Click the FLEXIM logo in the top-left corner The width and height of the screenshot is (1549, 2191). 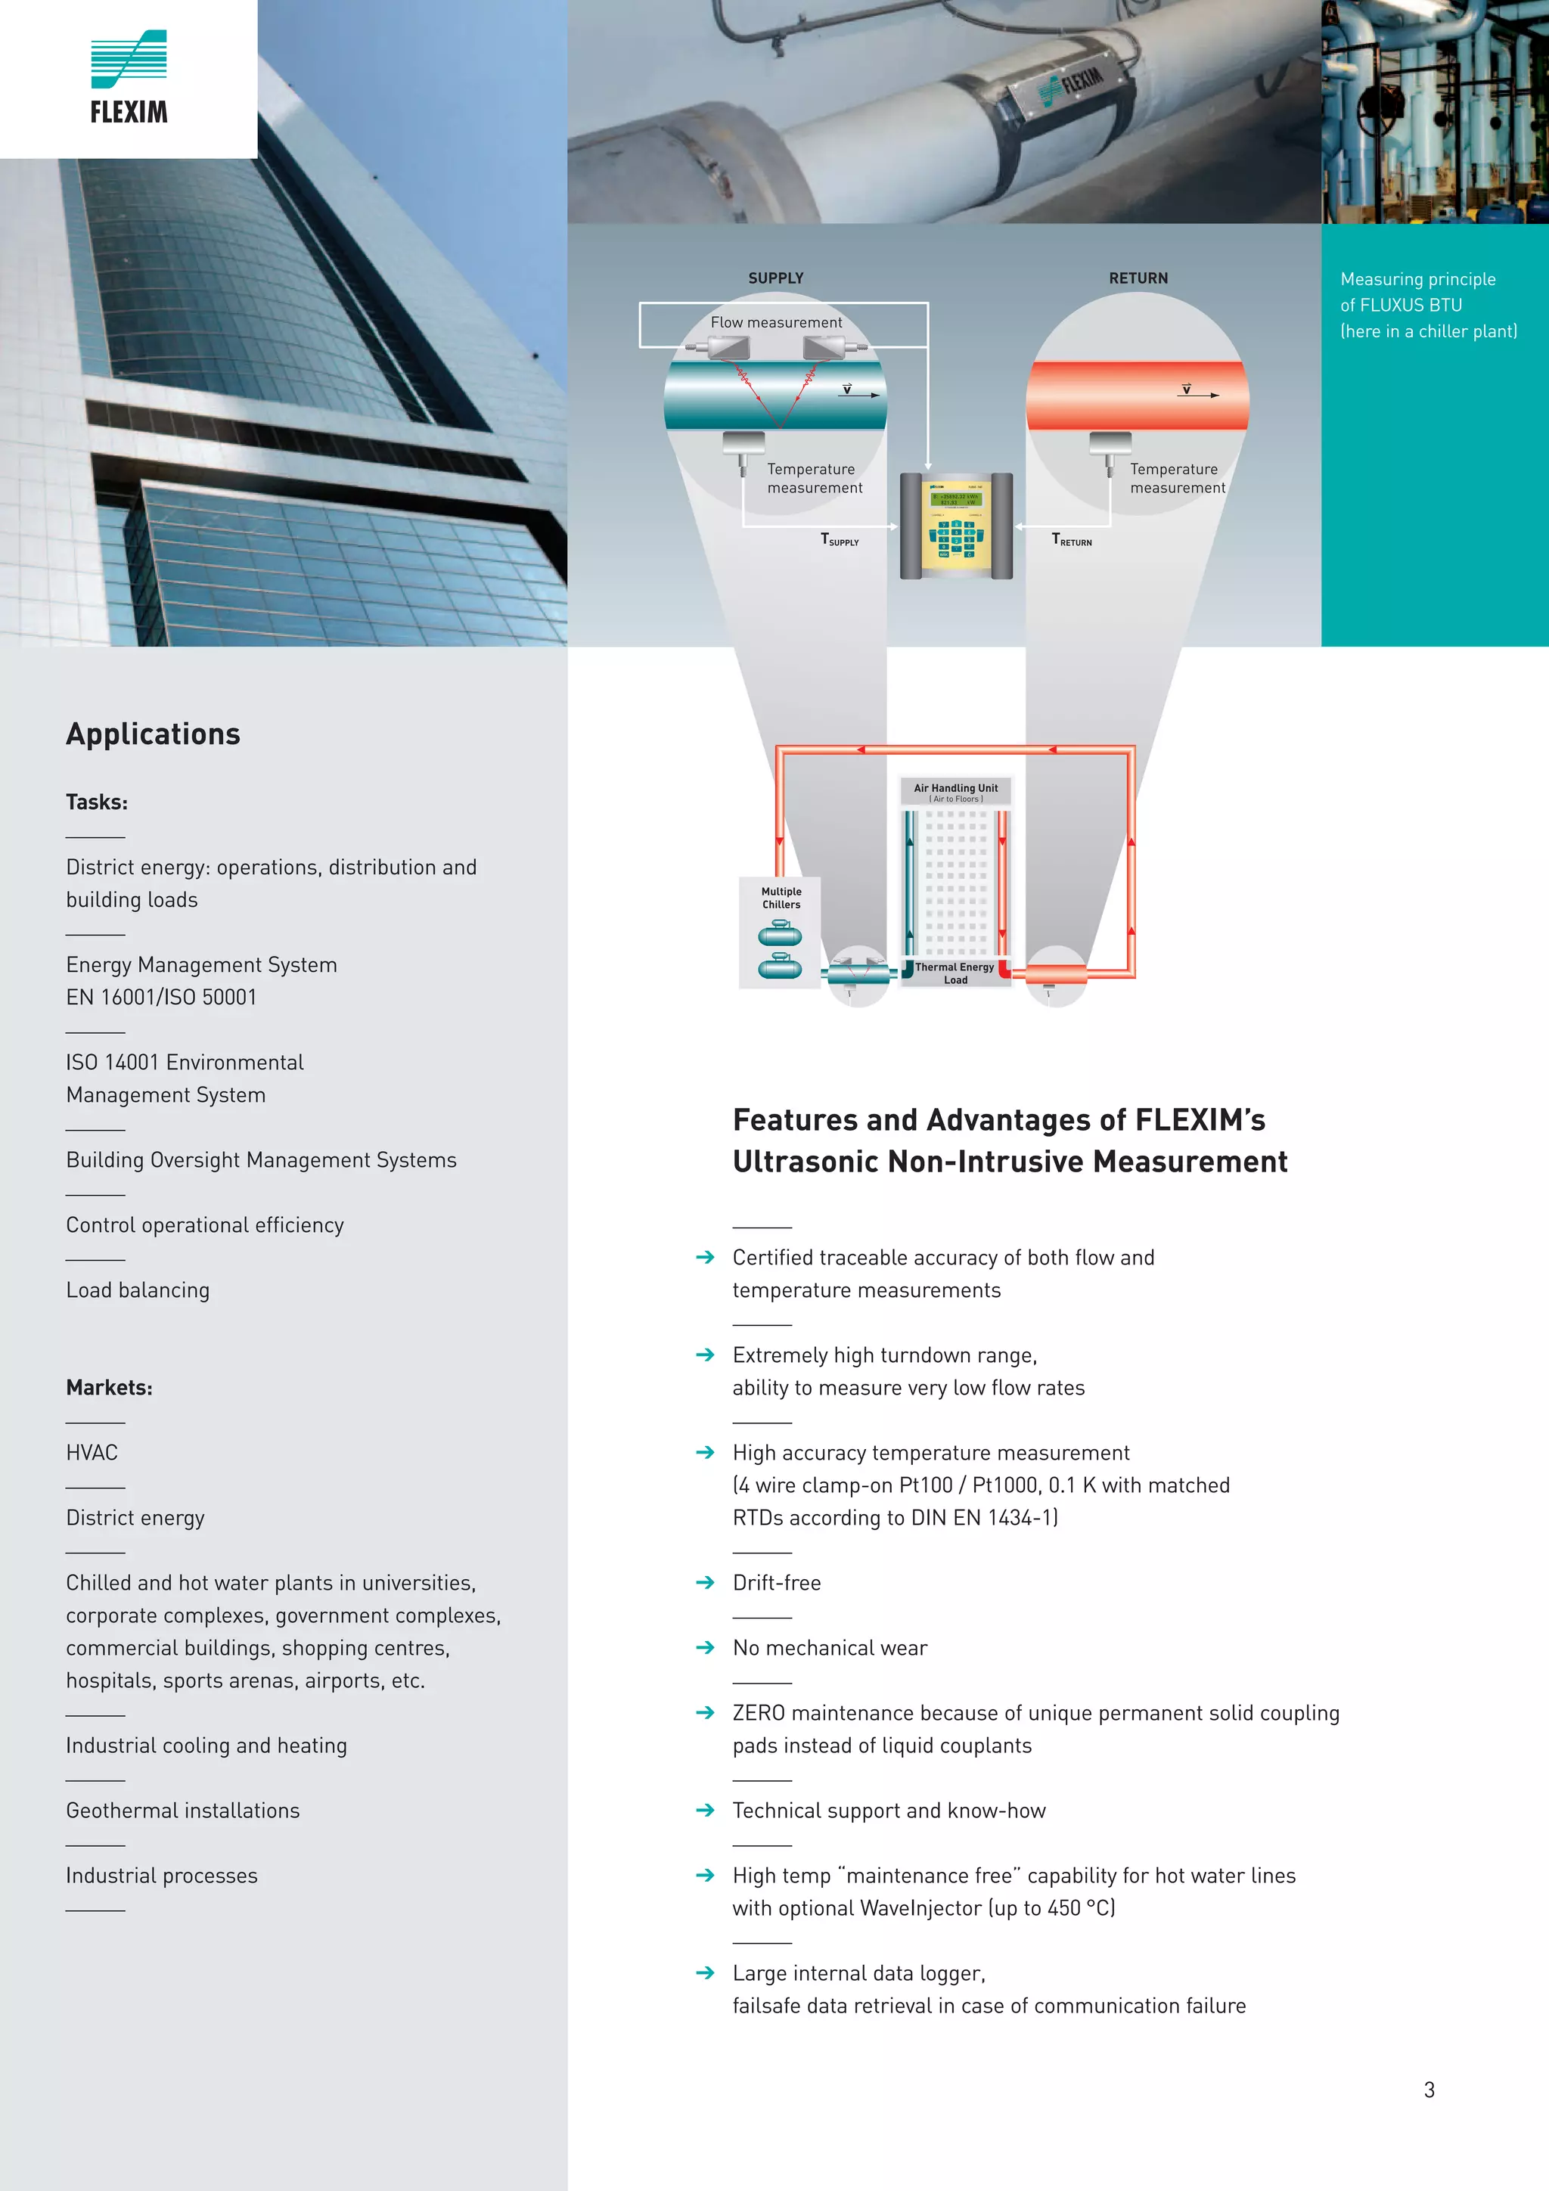[129, 78]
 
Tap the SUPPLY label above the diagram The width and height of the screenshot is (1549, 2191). [775, 278]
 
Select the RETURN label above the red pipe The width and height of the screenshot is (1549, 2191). [1138, 278]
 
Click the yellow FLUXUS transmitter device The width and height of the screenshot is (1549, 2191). [955, 526]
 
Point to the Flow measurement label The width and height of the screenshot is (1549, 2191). [776, 322]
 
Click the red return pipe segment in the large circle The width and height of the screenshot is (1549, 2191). [1137, 395]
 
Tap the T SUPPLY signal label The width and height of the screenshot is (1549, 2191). [839, 540]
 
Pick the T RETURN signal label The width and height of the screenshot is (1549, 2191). [1071, 540]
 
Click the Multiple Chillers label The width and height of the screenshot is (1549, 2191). [781, 898]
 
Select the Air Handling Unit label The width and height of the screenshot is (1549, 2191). [955, 788]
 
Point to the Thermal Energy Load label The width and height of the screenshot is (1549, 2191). [955, 973]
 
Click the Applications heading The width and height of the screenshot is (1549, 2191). [153, 734]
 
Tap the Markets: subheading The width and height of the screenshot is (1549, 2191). [109, 1388]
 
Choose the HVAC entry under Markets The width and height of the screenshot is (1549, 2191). [92, 1452]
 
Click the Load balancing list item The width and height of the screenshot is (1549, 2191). [138, 1290]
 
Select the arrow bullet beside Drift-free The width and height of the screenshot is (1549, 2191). [706, 1582]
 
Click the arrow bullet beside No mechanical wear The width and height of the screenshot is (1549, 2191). [706, 1647]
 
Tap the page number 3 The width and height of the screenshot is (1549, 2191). [1429, 2090]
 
